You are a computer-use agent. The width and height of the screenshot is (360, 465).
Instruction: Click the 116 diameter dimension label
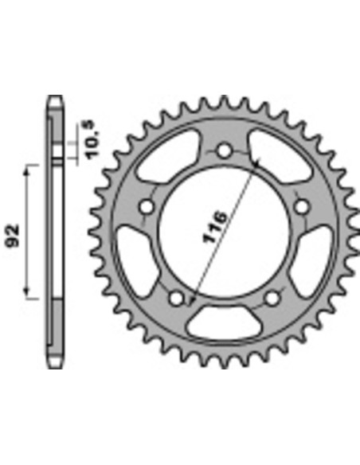click(215, 227)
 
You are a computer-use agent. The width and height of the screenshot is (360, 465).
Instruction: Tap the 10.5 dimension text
click(92, 139)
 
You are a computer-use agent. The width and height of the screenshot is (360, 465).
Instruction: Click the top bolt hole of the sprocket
click(224, 150)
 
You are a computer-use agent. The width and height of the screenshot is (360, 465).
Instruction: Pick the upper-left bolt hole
click(147, 207)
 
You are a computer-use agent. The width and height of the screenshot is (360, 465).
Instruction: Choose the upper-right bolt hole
click(302, 207)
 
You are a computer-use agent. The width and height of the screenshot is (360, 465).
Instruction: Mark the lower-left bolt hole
click(177, 298)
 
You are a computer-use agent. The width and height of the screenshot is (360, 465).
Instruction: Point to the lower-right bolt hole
click(272, 298)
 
